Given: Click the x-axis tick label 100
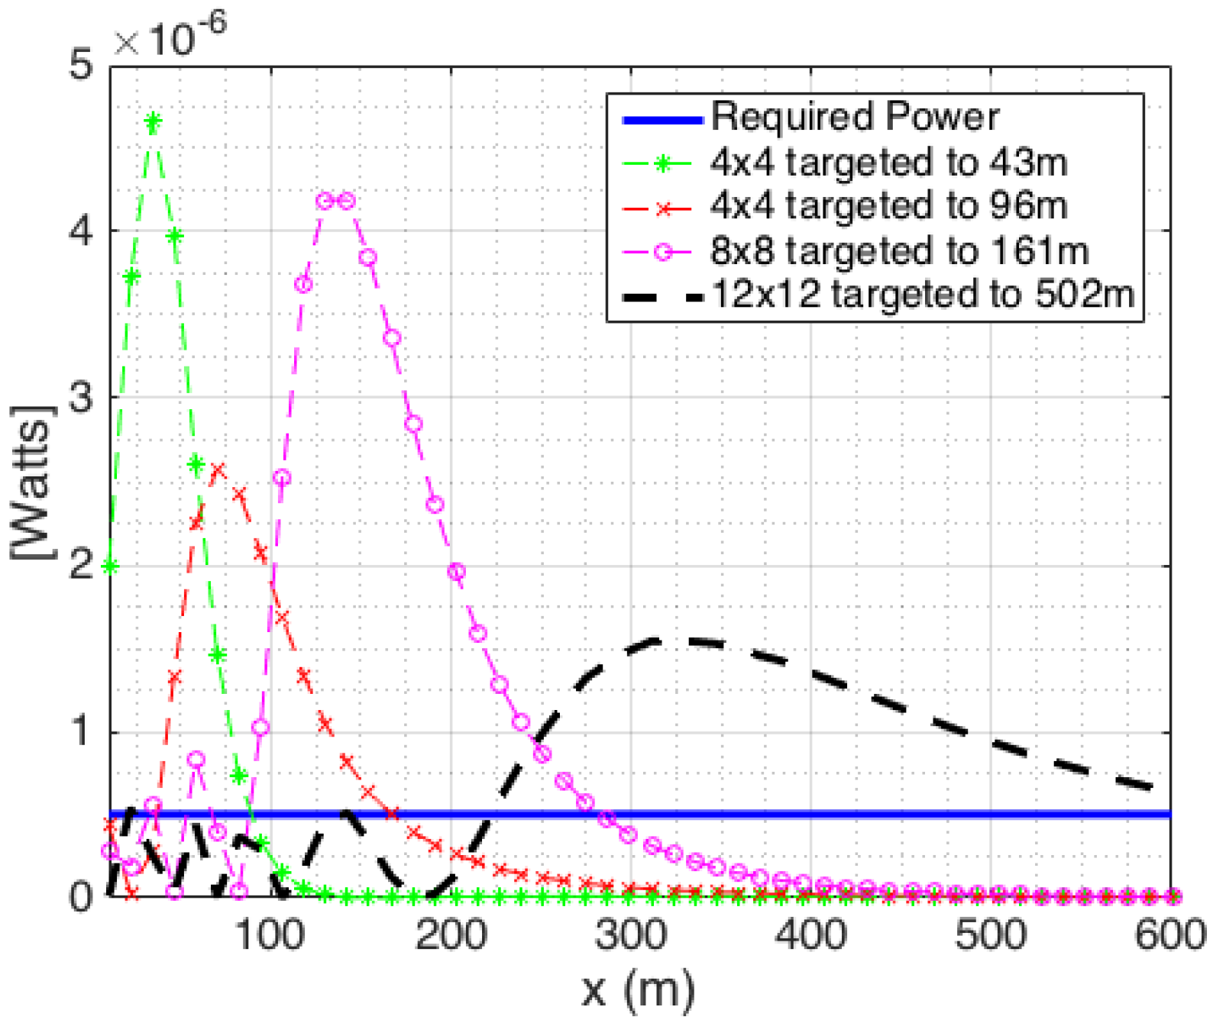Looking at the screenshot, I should pos(270,934).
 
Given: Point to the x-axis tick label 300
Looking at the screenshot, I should pos(631,934).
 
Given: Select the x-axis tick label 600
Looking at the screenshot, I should pos(1169,934).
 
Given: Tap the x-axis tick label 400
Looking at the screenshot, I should pos(810,934).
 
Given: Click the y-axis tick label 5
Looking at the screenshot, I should pos(81,64).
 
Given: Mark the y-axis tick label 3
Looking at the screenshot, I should pos(81,397).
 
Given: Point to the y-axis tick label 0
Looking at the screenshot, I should pos(81,896).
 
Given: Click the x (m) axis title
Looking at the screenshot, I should pos(639,989).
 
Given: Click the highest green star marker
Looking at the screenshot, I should pos(153,122).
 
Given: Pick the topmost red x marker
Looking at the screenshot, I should pos(218,470).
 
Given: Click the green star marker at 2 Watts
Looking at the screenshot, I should pos(111,566).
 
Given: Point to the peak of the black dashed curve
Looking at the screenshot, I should pos(657,640).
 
